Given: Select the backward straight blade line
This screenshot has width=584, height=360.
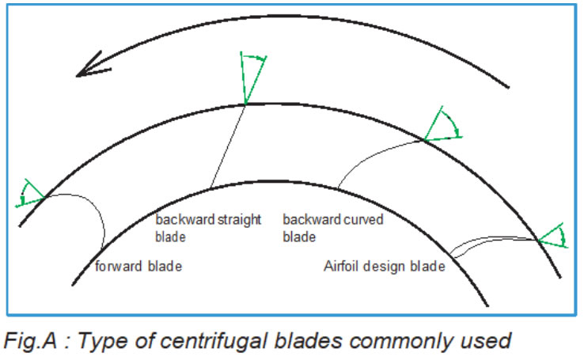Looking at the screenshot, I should tap(228, 146).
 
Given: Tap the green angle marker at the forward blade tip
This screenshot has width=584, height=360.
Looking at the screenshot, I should tap(30, 194).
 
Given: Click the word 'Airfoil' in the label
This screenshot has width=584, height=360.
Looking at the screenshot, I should tap(343, 267).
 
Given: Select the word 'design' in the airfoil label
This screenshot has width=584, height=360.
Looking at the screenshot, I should tap(384, 267).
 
